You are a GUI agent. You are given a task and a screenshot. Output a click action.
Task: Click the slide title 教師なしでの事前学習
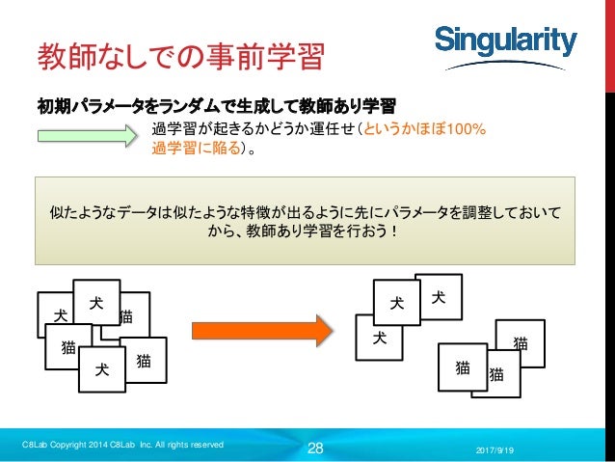click(x=179, y=56)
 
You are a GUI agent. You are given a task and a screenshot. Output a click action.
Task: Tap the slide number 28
click(x=315, y=447)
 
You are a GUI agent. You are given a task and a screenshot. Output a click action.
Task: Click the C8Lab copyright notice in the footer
click(x=122, y=444)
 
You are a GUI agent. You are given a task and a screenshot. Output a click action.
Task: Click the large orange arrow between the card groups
click(x=261, y=332)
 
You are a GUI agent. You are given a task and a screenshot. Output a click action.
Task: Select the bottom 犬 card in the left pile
click(x=100, y=369)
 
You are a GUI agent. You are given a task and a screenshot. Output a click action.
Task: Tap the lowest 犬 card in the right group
click(x=380, y=340)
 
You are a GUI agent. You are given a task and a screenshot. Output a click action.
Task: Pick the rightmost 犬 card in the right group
click(x=438, y=298)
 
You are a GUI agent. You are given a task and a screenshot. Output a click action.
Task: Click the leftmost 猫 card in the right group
click(x=463, y=367)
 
